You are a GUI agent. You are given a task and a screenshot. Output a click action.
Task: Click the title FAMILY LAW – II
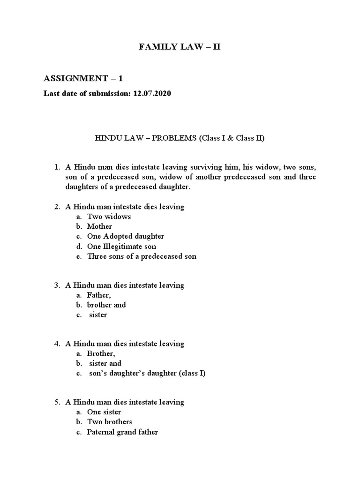tap(178, 47)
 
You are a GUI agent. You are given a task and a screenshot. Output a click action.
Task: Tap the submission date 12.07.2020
tap(152, 94)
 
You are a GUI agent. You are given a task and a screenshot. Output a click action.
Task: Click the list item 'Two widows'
tap(109, 217)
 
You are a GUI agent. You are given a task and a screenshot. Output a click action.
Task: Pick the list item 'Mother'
tap(99, 226)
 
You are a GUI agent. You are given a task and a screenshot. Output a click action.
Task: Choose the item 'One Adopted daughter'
tap(126, 236)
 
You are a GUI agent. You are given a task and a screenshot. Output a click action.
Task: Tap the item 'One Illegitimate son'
tap(121, 246)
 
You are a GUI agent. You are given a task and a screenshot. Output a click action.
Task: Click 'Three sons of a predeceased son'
tap(142, 256)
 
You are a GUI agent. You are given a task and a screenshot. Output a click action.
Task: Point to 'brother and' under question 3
tap(106, 305)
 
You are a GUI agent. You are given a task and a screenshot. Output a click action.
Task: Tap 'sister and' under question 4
tap(105, 363)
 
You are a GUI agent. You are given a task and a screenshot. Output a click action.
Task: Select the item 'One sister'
tap(104, 412)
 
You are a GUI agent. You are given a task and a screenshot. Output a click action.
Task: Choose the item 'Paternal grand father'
tap(122, 432)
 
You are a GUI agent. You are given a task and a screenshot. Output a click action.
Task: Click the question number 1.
tap(57, 167)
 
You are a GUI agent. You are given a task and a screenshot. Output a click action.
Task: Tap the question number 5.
tap(57, 402)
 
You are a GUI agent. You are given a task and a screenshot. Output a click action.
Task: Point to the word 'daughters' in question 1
tap(81, 187)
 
